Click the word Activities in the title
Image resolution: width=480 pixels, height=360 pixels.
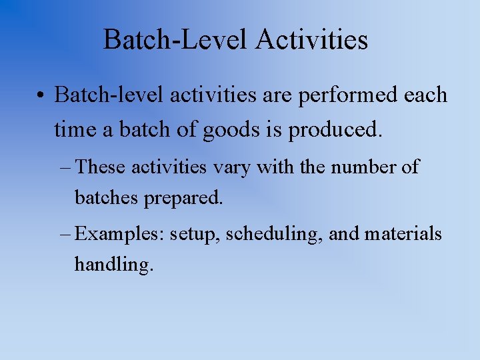(x=311, y=40)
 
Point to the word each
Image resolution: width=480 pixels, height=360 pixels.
(x=425, y=95)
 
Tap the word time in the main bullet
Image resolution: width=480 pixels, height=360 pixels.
(x=75, y=129)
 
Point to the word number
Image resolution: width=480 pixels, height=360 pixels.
(x=363, y=167)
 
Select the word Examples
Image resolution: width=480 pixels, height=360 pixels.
(x=120, y=235)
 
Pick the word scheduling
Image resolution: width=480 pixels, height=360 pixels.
(x=269, y=235)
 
